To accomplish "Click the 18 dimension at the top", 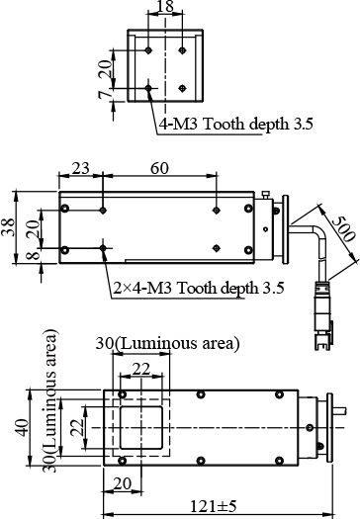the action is pyautogui.click(x=165, y=6).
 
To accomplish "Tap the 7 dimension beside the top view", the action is pyautogui.click(x=105, y=95).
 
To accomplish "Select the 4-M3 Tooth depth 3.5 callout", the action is pyautogui.click(x=236, y=125).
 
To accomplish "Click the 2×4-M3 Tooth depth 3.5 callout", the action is pyautogui.click(x=199, y=288).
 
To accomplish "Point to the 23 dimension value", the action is pyautogui.click(x=80, y=168).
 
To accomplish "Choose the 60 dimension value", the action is pyautogui.click(x=159, y=168).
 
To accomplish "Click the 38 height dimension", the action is pyautogui.click(x=9, y=227).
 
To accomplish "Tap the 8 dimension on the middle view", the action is pyautogui.click(x=34, y=256).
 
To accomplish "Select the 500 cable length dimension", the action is pyautogui.click(x=344, y=228).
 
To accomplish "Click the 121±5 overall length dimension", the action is pyautogui.click(x=214, y=506).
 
